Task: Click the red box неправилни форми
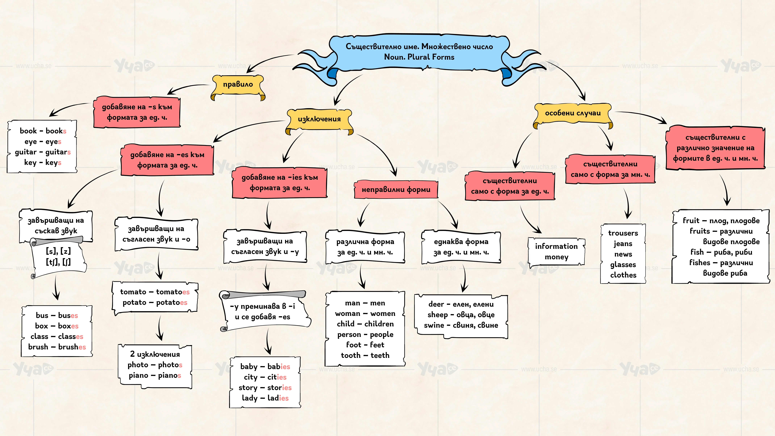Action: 396,190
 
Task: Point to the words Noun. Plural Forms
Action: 419,57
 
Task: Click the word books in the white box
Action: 56,131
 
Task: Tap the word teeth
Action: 380,355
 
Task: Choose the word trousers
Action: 623,233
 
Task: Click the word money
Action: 557,257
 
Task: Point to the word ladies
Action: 278,398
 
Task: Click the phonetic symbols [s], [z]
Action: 58,251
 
